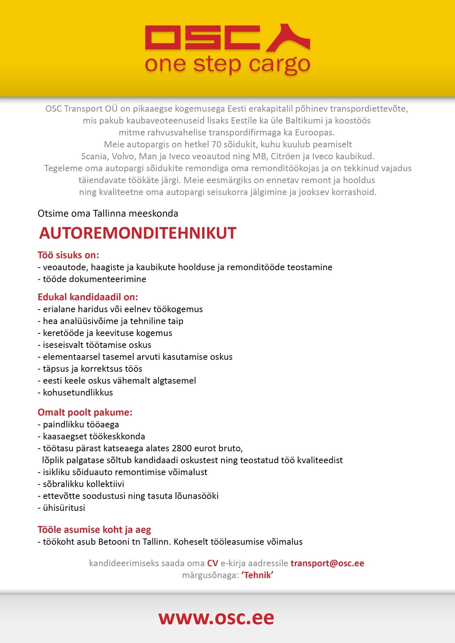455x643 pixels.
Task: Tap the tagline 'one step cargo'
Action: coord(227,64)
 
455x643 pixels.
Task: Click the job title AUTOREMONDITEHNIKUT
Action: coord(138,233)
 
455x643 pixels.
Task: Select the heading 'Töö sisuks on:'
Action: coord(68,255)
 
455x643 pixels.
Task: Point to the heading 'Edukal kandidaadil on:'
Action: coord(88,297)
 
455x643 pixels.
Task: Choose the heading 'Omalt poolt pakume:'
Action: coord(85,412)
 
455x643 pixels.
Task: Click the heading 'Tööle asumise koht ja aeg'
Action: coord(94,529)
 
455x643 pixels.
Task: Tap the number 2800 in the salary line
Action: coord(182,448)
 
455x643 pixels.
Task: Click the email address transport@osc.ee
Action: coord(327,563)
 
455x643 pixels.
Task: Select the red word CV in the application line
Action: coord(212,563)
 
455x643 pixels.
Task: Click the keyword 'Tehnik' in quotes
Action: coord(257,575)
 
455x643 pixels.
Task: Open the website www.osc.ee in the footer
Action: coord(216,618)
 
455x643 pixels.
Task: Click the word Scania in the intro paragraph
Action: coord(94,156)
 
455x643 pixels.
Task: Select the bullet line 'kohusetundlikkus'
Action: coord(78,393)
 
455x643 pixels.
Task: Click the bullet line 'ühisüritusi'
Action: coord(64,508)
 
